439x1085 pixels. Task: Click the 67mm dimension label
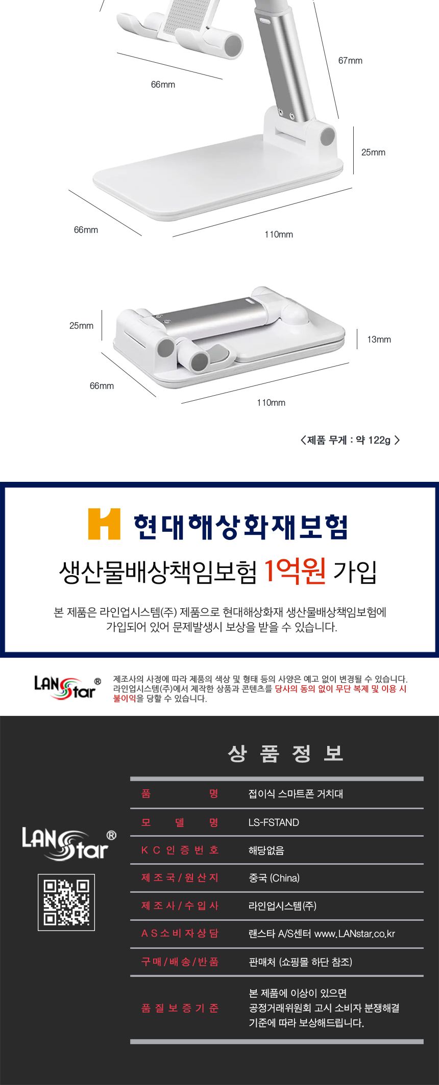pos(350,61)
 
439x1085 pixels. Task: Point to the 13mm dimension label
pos(379,340)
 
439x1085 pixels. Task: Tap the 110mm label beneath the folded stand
pos(271,403)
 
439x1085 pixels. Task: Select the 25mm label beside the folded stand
pos(81,326)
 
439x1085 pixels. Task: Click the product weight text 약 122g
pos(373,440)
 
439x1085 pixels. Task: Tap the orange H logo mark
pos(104,524)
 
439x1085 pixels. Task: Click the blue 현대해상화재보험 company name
pos(240,527)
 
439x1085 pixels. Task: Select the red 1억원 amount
pos(295,571)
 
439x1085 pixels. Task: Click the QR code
pos(66,902)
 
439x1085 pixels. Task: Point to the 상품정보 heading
pos(286,754)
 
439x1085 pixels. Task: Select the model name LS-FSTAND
pos(274,822)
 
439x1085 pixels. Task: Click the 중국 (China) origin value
pos(274,878)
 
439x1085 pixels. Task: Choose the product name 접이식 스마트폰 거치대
pos(296,794)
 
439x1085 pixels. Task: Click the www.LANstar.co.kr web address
pos(355,934)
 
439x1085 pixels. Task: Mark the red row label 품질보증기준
pos(180,1008)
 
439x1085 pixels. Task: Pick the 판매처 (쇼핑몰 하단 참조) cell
pos(300,962)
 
